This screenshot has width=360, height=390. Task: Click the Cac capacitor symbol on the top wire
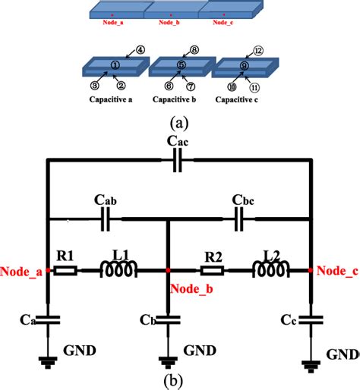click(178, 160)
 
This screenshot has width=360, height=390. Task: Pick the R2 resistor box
click(211, 269)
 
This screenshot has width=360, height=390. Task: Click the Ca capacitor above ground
click(48, 319)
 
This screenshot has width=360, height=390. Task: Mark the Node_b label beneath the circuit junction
click(191, 287)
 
